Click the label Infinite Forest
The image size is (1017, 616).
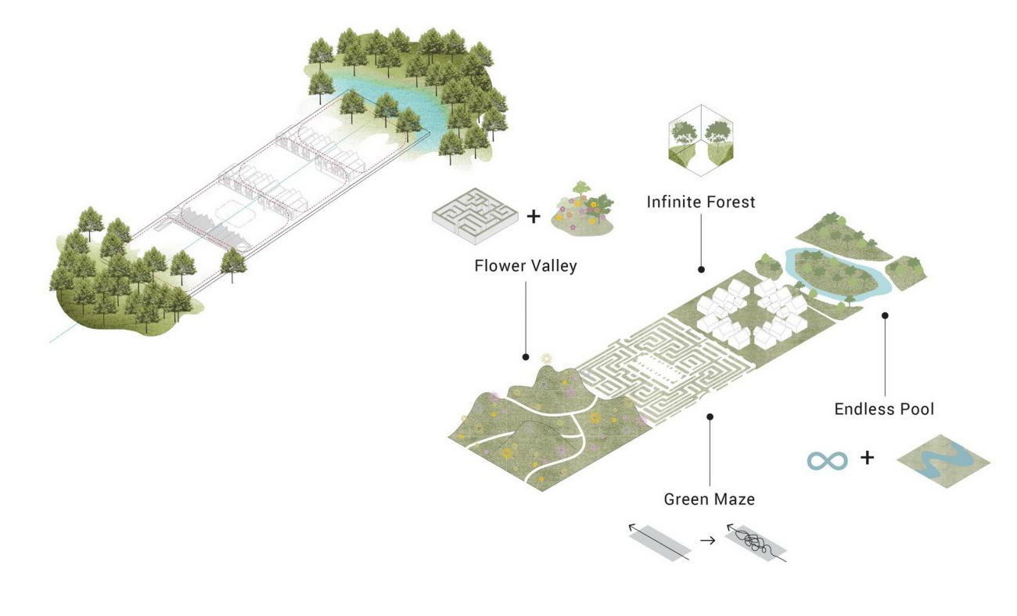tap(700, 202)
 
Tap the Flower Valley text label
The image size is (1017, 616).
tap(526, 266)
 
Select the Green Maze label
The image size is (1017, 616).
tap(710, 499)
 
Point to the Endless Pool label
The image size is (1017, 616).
tap(884, 409)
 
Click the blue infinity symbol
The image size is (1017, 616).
tap(827, 461)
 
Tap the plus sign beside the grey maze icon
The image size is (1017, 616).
tap(534, 216)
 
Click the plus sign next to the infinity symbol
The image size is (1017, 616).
tap(867, 457)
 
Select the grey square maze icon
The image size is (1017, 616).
tap(475, 216)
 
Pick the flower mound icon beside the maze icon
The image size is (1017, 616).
tap(583, 210)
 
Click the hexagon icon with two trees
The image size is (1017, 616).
tap(701, 140)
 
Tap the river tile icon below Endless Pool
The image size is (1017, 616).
tap(943, 461)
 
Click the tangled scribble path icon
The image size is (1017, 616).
tap(756, 543)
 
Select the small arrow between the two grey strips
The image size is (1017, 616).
tap(708, 541)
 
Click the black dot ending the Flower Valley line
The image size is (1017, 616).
tap(526, 357)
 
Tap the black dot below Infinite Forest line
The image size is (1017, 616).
tap(701, 269)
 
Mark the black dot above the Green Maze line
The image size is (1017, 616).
tap(710, 416)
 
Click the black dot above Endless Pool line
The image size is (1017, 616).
tap(885, 315)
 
